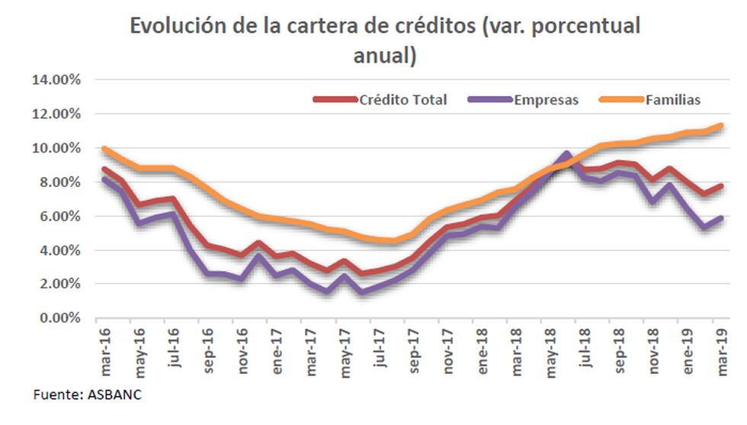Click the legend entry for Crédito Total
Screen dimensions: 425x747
click(x=403, y=100)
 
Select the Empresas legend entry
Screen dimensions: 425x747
click(x=546, y=100)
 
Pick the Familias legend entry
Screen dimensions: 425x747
click(x=672, y=100)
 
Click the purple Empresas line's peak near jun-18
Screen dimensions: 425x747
click(x=566, y=154)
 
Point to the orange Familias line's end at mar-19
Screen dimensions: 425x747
click(x=720, y=126)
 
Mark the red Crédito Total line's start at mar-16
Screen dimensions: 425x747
click(x=105, y=169)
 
